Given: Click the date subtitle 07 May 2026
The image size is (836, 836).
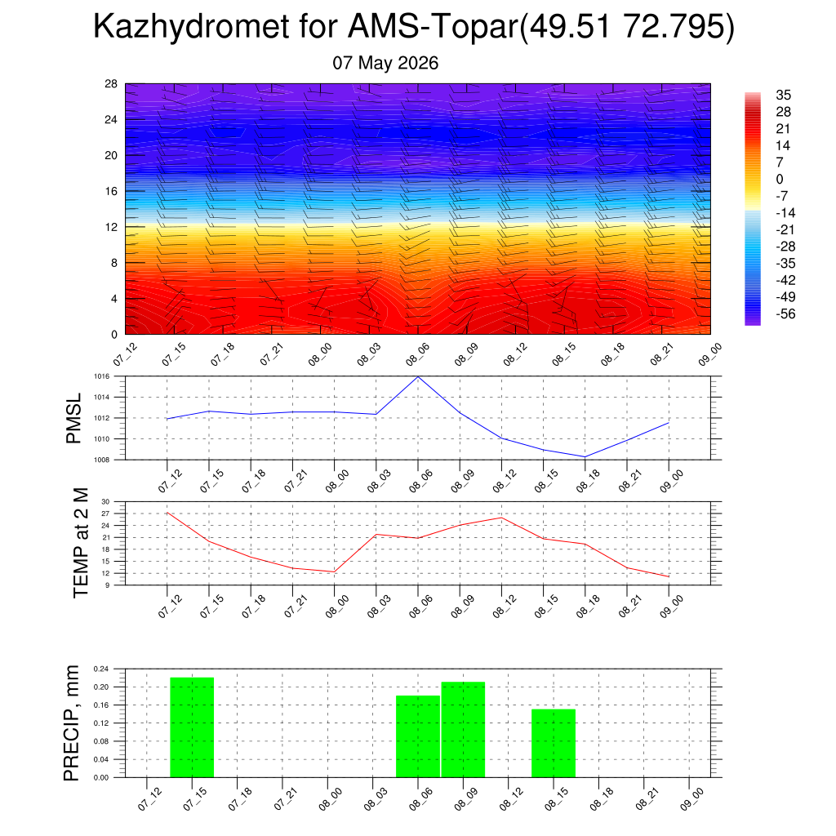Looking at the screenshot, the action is point(385,63).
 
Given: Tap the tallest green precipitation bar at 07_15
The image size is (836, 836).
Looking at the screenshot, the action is point(192,727).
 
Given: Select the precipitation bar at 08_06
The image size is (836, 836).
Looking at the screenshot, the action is point(418,736).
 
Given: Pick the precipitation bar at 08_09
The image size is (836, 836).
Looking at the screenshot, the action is point(464,729).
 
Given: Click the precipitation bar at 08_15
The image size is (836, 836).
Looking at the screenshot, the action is point(554,743).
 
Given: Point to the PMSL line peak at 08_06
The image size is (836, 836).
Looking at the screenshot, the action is point(418,377).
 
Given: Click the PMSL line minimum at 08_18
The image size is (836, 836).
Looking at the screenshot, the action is point(585,457).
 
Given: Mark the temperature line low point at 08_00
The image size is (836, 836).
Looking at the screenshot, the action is point(334,572).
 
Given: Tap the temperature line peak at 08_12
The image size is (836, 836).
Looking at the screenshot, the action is point(502,518).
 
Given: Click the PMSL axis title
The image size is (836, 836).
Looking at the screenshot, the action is point(73,419).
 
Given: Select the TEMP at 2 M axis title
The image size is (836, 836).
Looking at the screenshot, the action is point(81,543).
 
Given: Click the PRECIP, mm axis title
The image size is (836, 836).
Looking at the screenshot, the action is point(71,723).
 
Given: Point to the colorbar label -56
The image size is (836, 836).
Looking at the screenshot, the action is point(785,313).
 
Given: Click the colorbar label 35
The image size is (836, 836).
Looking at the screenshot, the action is point(783,95).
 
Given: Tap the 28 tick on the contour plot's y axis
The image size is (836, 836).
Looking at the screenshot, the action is point(111,84).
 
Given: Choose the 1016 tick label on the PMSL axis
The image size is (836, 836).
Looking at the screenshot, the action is point(102,376).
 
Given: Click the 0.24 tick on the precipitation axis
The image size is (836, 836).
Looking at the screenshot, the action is point(100,669).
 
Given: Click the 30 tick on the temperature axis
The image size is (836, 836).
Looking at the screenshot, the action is point(105,502).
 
